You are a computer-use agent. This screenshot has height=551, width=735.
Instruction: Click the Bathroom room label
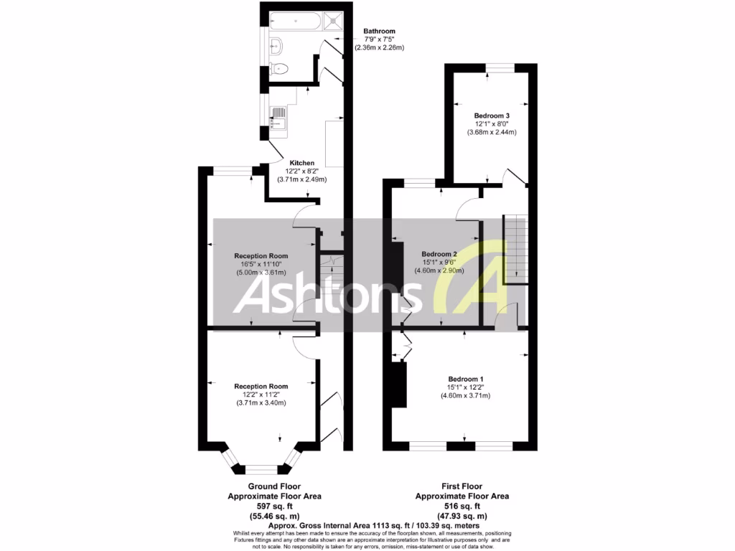tap(379, 32)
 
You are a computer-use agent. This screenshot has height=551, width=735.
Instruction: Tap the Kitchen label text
tap(302, 163)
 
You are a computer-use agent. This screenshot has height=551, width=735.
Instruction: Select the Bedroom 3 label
tap(492, 116)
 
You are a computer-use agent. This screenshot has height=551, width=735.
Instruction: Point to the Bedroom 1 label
tap(466, 379)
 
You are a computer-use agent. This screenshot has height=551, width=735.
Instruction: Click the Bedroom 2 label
tap(439, 254)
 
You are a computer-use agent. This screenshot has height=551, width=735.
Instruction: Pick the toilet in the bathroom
tap(281, 70)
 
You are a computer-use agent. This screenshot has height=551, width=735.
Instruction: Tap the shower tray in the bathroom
tap(334, 21)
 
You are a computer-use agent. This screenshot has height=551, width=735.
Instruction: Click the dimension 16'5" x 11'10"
tap(261, 264)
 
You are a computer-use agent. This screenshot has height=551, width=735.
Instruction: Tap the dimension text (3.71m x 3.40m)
tap(261, 402)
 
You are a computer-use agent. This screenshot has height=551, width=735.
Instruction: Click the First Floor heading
tap(462, 486)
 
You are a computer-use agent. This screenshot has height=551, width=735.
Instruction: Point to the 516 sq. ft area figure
tap(462, 506)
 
